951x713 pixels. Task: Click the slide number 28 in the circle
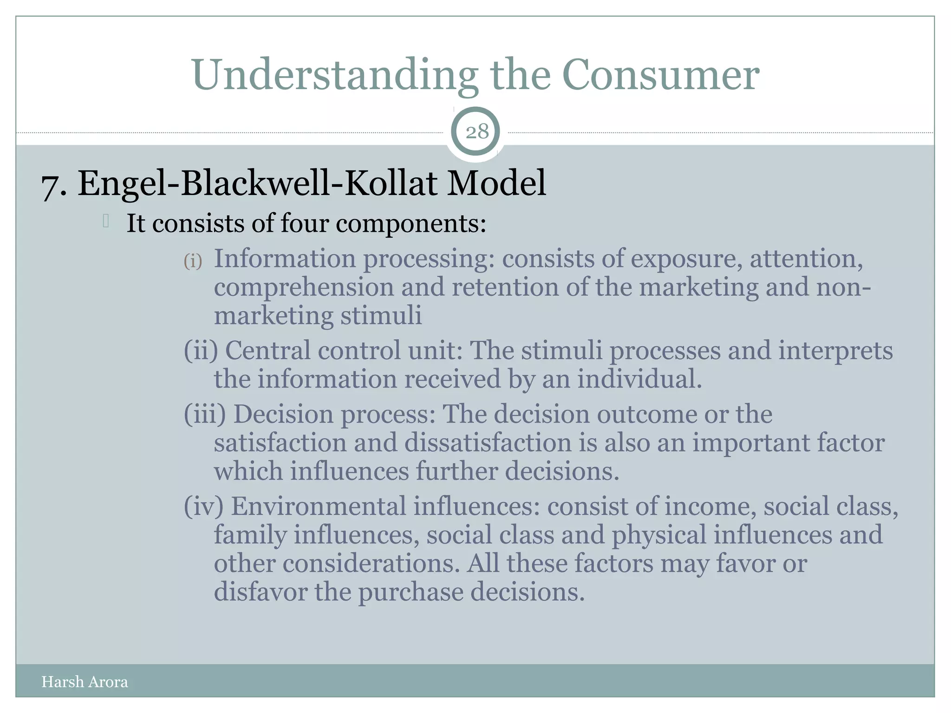click(x=477, y=132)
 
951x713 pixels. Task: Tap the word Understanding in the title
click(x=334, y=75)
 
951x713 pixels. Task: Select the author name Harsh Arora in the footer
click(x=85, y=681)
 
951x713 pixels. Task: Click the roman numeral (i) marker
click(x=193, y=261)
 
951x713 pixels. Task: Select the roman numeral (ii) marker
click(x=201, y=351)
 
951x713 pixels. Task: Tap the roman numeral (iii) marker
click(x=205, y=414)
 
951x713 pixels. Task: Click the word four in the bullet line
click(x=304, y=224)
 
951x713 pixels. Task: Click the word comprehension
click(x=304, y=288)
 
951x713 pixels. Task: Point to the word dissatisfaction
click(x=488, y=443)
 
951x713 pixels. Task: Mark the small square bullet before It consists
click(x=106, y=221)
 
